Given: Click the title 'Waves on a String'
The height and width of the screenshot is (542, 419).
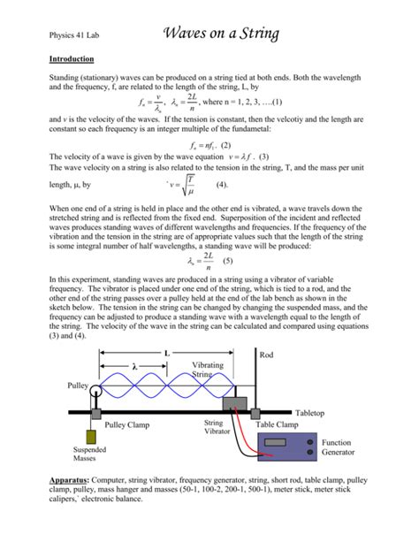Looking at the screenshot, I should [222, 34].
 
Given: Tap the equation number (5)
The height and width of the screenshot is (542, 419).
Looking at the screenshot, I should [227, 262].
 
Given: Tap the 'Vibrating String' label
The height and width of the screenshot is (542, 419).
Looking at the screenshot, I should [208, 370].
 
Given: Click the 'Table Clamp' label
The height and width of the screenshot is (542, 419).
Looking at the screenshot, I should [277, 425].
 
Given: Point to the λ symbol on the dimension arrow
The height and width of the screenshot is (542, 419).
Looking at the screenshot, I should [135, 367].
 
